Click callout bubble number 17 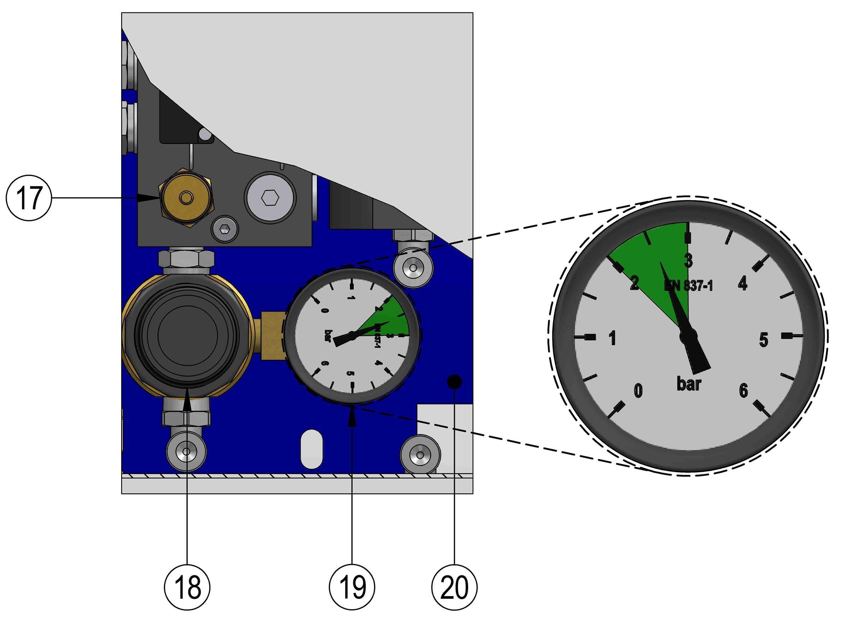tap(29, 198)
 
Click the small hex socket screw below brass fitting tap(225, 229)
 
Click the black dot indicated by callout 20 tap(454, 381)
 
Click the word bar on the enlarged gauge tap(688, 384)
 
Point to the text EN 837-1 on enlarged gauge tap(688, 285)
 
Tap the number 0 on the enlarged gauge tap(638, 391)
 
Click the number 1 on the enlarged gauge tap(612, 338)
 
